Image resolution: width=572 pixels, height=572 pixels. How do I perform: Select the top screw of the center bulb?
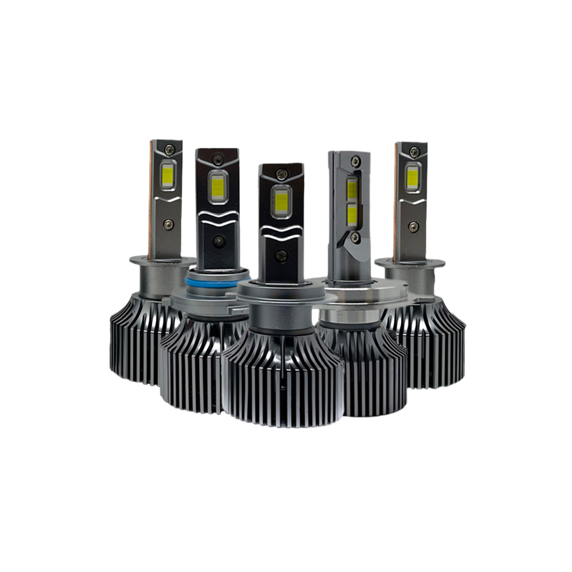282,173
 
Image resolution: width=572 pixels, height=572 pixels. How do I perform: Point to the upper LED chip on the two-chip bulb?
352,189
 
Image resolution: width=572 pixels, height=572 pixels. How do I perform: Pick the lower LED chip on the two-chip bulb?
352,215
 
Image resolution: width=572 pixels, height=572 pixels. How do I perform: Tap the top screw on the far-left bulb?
169,149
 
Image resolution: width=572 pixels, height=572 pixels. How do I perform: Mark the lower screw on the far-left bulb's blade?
168,224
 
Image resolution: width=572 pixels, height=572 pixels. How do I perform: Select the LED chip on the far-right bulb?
413,177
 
